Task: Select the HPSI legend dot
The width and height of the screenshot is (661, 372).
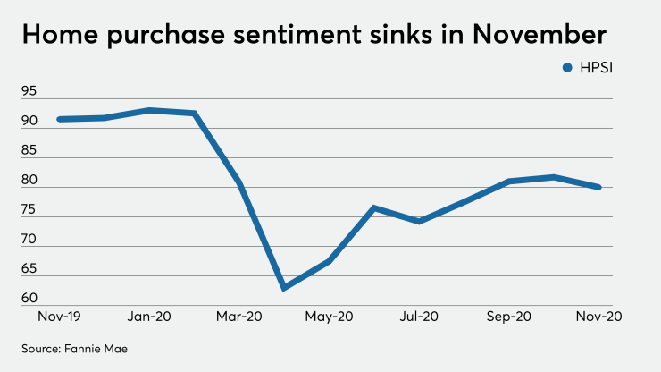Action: pos(567,67)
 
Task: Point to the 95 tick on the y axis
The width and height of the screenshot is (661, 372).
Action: pos(29,91)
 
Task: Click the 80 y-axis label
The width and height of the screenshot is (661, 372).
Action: pos(29,180)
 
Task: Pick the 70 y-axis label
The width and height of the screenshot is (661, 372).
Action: pos(29,240)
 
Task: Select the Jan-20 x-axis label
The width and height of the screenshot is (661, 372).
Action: pos(148,317)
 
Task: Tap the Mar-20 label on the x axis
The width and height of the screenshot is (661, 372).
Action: pos(238,317)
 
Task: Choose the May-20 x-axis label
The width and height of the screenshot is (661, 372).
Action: pos(329,317)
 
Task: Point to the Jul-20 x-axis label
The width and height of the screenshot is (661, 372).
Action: pos(419,317)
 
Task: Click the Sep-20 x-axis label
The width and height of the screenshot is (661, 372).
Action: pos(508,317)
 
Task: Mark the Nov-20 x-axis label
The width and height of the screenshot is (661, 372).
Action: pos(598,317)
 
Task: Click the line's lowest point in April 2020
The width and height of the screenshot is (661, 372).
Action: pos(284,288)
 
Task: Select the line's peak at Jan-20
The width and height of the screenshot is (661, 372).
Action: pos(148,110)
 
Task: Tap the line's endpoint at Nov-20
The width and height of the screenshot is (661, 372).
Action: pos(598,187)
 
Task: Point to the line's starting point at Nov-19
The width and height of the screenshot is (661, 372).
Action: pos(59,119)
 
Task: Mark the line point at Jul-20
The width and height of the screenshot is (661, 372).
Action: pos(419,221)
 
